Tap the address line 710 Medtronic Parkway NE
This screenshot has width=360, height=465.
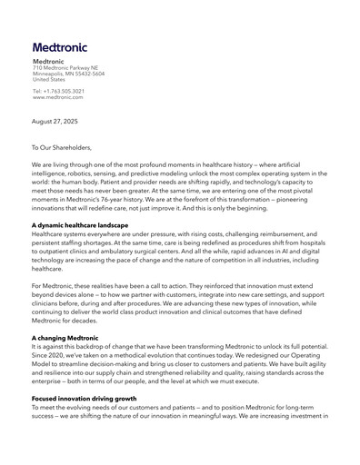(66, 68)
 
